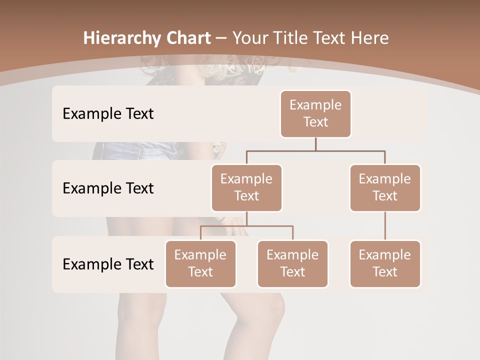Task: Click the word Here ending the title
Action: pos(370,38)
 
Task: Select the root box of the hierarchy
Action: pos(315,113)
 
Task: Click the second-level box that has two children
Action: pos(246,187)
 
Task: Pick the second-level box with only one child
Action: pos(385,187)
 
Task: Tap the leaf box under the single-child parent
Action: pos(385,263)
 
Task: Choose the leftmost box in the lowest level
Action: pos(200,263)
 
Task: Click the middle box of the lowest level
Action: pos(292,263)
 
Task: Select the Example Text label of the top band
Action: pos(108,113)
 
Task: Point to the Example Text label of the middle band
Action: pos(108,188)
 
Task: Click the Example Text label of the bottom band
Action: pos(108,264)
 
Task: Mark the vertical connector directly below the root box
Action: pos(315,144)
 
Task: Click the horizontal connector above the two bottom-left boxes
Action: pos(246,226)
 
